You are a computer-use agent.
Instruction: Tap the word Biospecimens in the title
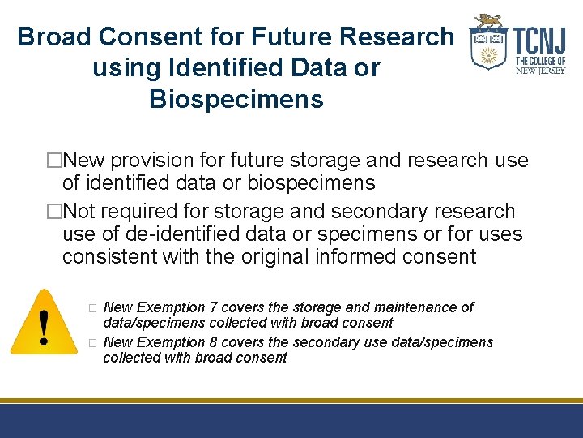pyautogui.click(x=236, y=100)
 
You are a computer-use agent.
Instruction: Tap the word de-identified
pyautogui.click(x=169, y=234)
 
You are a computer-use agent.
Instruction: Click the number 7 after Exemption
pyautogui.click(x=213, y=307)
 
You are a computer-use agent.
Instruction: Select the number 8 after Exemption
pyautogui.click(x=213, y=342)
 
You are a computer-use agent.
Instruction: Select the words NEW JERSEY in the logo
pyautogui.click(x=540, y=71)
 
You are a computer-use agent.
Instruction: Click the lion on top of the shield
pyautogui.click(x=488, y=20)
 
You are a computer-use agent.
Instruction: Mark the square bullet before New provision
pyautogui.click(x=54, y=161)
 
